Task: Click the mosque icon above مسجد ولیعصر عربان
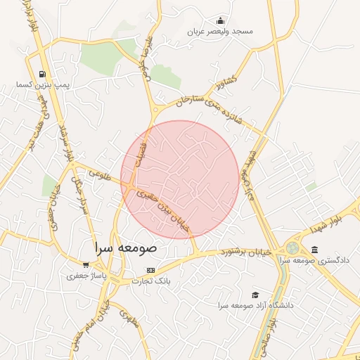click(220, 20)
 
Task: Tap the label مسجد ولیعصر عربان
click(220, 32)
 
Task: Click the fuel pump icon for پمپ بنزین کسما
click(43, 74)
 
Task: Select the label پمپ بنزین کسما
click(41, 85)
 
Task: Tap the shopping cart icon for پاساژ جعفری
click(86, 265)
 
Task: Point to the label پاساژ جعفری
click(85, 276)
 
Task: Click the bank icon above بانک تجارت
click(150, 270)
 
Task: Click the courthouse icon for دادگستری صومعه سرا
click(314, 250)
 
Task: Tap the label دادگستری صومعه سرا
click(314, 261)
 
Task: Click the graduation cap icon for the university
click(255, 295)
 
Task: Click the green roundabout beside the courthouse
click(292, 248)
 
